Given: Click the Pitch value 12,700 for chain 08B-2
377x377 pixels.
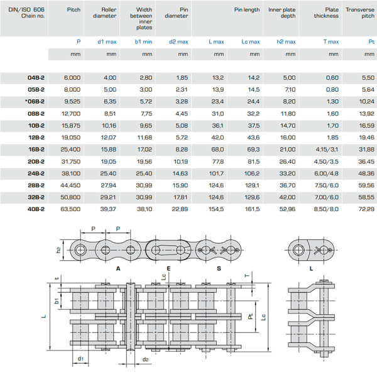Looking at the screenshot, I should click(72, 113).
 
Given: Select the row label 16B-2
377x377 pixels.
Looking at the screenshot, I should click(36, 149).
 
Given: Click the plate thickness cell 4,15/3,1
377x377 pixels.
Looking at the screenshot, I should click(327, 149).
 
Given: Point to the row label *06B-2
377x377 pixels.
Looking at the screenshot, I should click(35, 101).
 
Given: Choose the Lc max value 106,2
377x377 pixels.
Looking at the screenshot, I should click(251, 173).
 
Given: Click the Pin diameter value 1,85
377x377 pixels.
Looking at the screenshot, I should click(181, 77).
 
